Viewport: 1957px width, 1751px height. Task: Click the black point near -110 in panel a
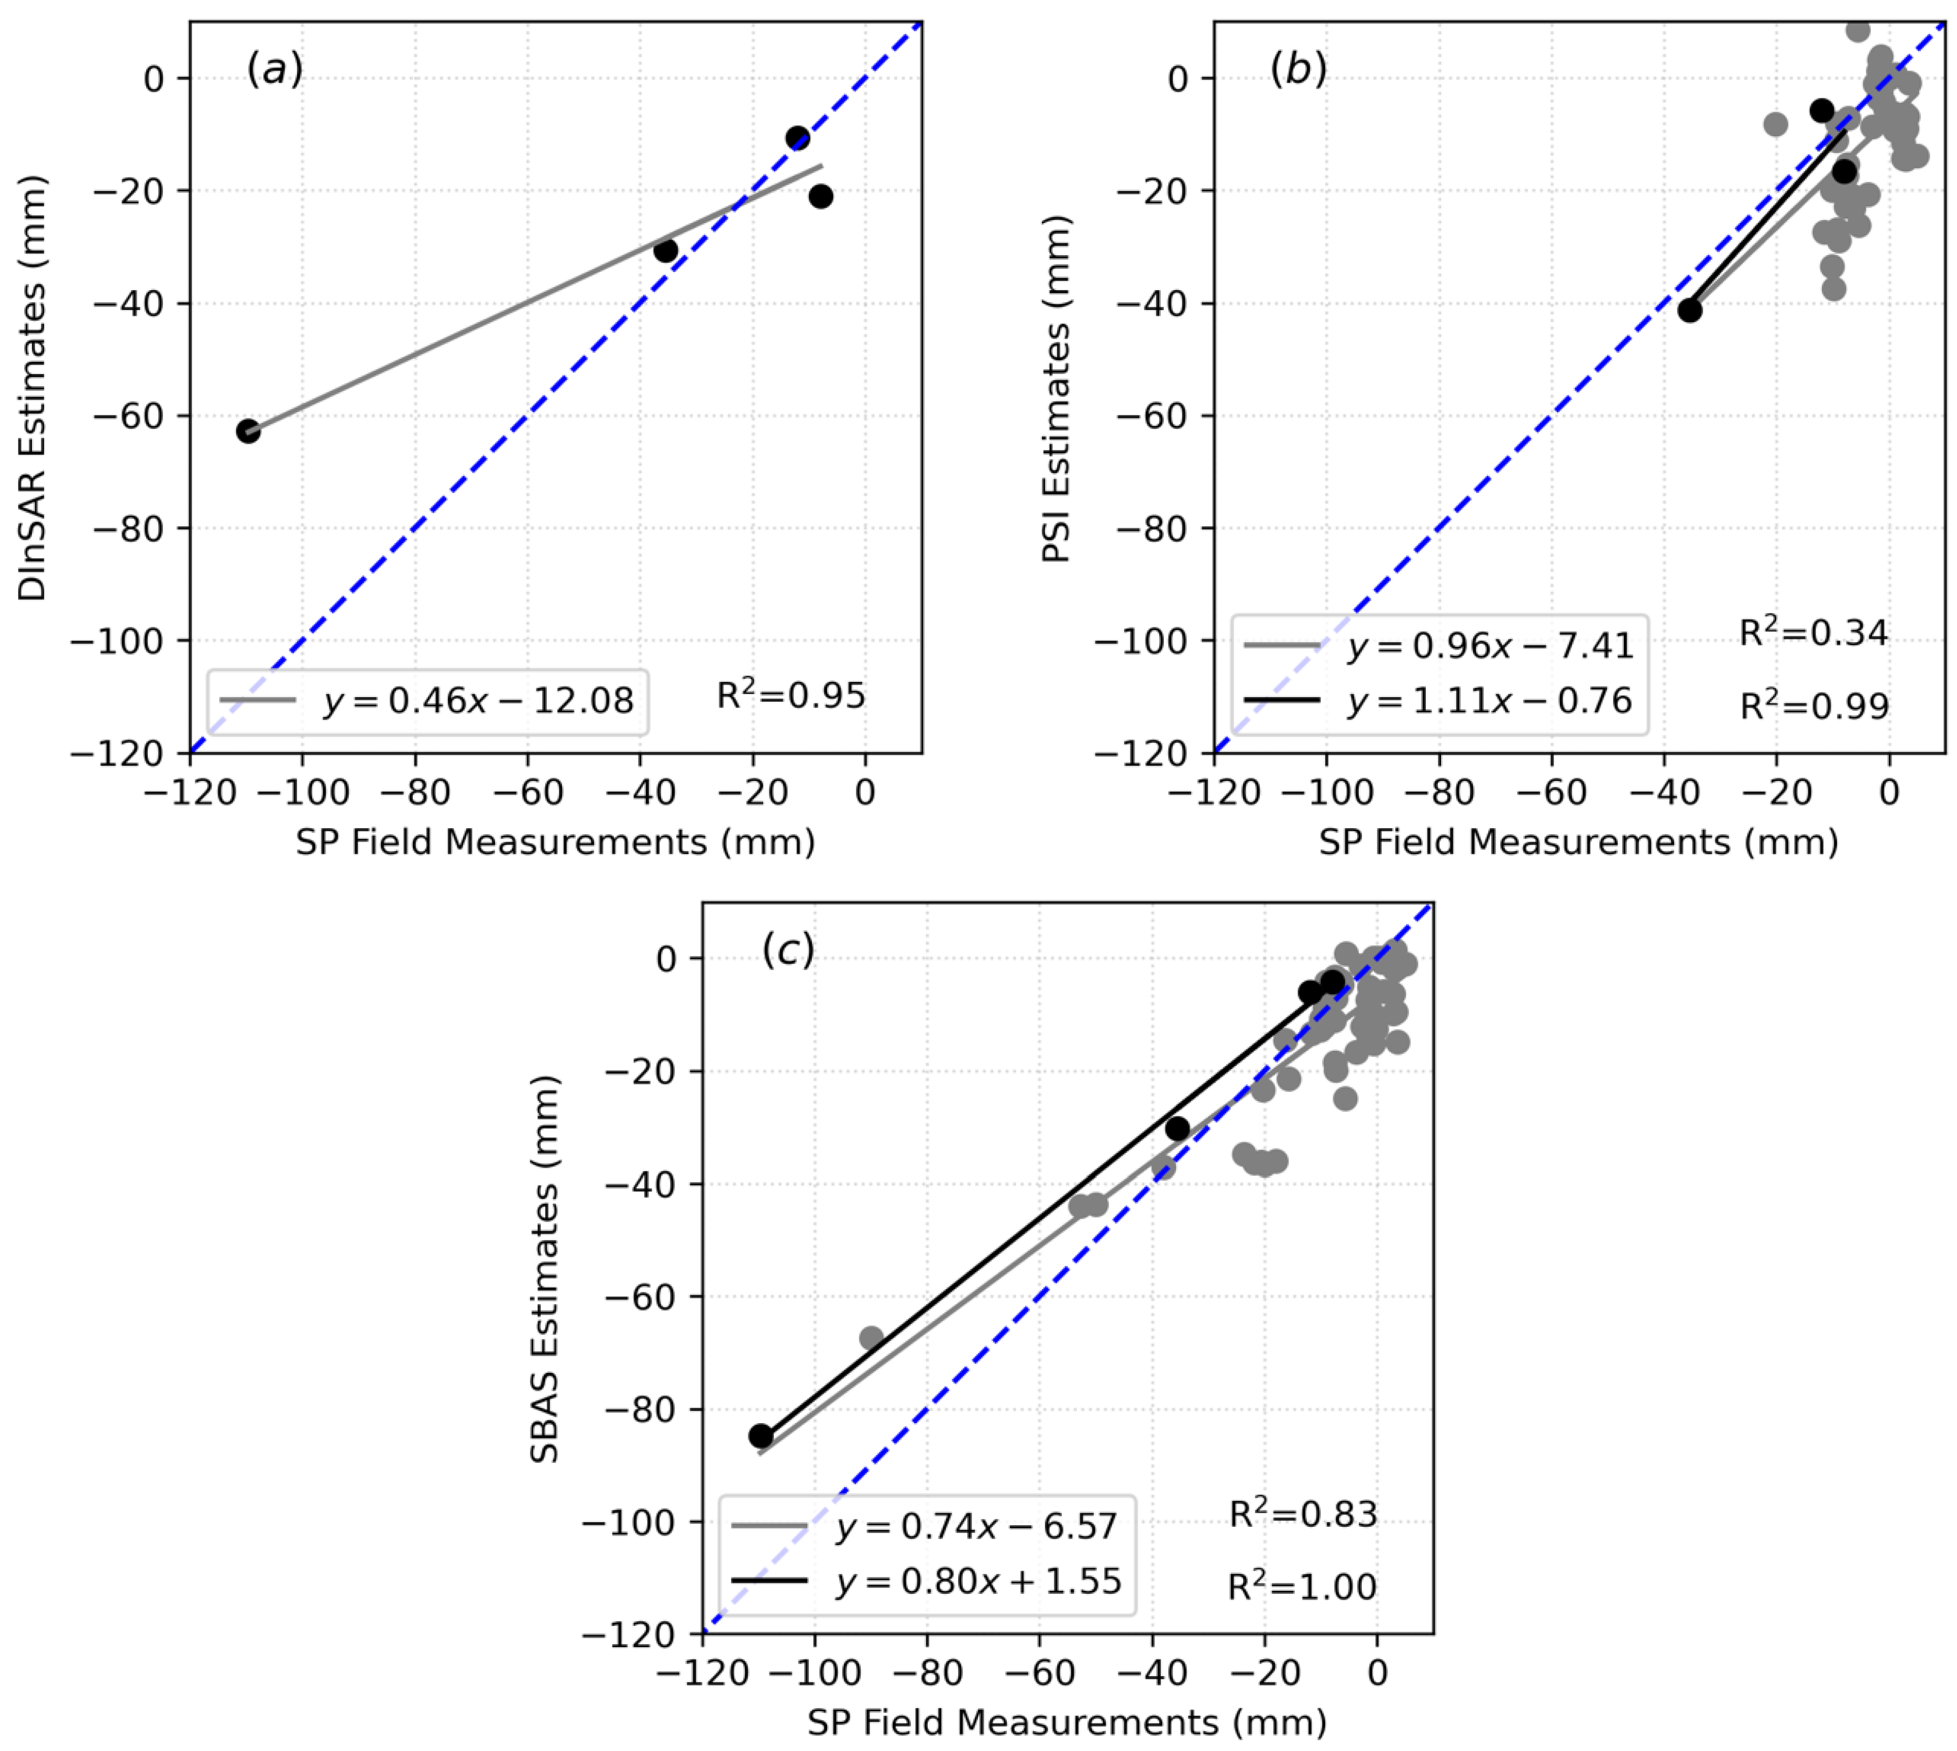click(x=248, y=431)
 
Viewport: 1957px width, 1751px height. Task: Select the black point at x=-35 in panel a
click(x=666, y=251)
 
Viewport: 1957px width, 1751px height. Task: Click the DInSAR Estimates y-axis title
click(x=32, y=388)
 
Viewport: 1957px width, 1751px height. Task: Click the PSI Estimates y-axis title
click(x=1057, y=388)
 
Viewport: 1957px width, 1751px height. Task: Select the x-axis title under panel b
click(x=1578, y=842)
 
